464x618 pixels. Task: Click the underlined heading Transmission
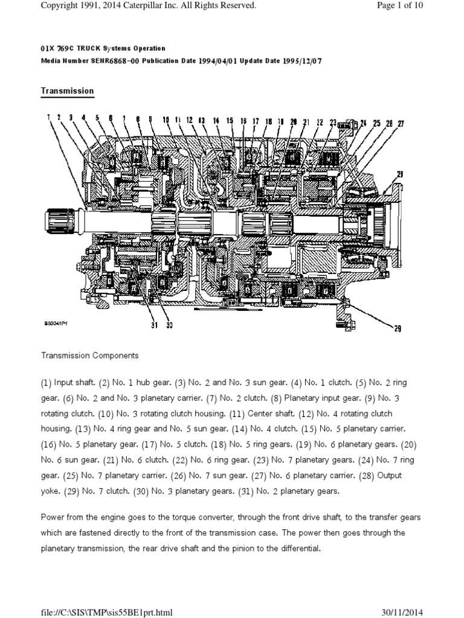[x=67, y=91]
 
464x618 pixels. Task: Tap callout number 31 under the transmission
[x=154, y=325]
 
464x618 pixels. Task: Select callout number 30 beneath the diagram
[x=169, y=325]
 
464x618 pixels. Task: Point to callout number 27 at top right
[x=401, y=124]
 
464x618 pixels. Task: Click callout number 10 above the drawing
[x=166, y=121]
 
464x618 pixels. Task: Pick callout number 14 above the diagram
[x=216, y=121]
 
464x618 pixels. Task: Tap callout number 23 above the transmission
[x=333, y=122]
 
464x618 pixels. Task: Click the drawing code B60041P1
[x=56, y=323]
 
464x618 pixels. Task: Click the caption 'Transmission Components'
[x=89, y=355]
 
